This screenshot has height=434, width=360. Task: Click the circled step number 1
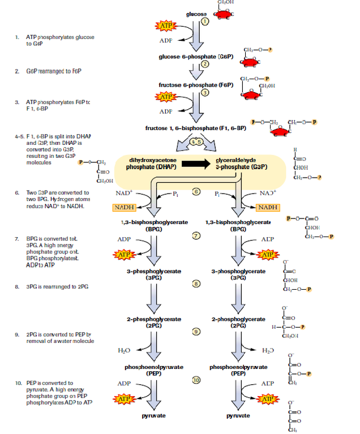[x=205, y=21]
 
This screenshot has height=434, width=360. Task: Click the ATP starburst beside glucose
[x=165, y=25]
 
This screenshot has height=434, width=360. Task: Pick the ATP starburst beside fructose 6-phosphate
[x=165, y=97]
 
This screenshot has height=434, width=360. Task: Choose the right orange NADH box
[x=268, y=208]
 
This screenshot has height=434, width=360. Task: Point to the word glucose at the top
[x=196, y=14]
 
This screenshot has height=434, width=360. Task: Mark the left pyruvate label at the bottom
[x=154, y=416]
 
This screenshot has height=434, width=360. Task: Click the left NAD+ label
[x=123, y=193]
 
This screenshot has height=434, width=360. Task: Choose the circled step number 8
[x=198, y=283]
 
